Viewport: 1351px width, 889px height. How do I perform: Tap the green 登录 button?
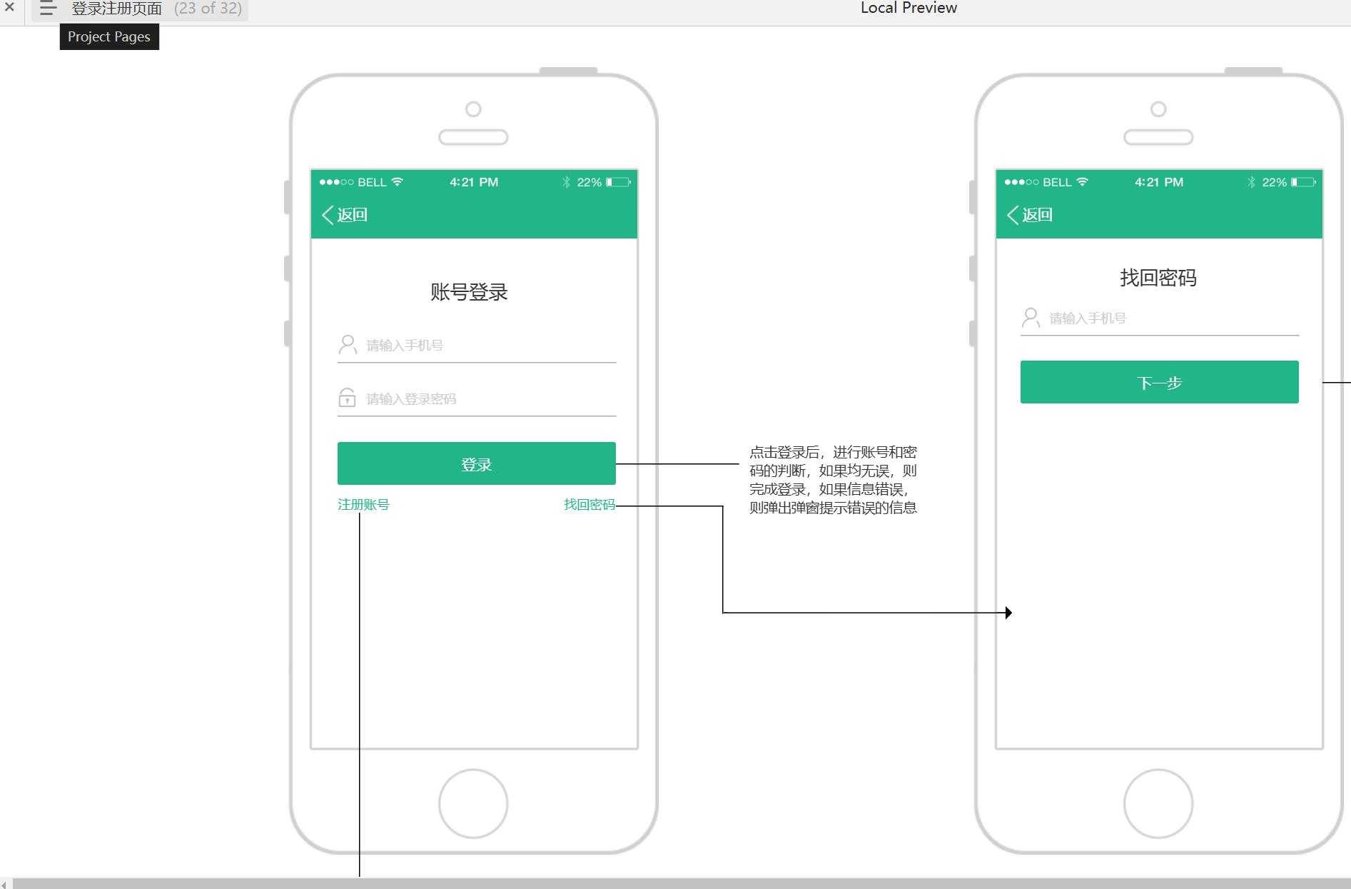pyautogui.click(x=476, y=463)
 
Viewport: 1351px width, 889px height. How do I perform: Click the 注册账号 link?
pyautogui.click(x=363, y=505)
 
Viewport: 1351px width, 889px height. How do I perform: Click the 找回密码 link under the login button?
pyautogui.click(x=590, y=505)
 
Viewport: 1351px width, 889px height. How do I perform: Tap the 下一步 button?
pyautogui.click(x=1159, y=382)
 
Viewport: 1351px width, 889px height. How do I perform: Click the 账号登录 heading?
pyautogui.click(x=469, y=292)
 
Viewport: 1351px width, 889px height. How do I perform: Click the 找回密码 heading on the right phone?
pyautogui.click(x=1158, y=278)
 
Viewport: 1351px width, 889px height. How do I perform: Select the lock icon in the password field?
pyautogui.click(x=347, y=398)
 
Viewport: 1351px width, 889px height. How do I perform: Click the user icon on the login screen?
pyautogui.click(x=348, y=345)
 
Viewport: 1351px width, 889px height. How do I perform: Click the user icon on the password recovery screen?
pyautogui.click(x=1031, y=318)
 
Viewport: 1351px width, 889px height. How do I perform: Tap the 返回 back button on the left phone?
pyautogui.click(x=345, y=215)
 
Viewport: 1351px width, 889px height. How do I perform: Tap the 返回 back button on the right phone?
pyautogui.click(x=1030, y=215)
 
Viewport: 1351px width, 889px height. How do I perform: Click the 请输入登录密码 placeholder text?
pyautogui.click(x=411, y=399)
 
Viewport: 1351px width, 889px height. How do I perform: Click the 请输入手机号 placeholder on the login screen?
pyautogui.click(x=405, y=346)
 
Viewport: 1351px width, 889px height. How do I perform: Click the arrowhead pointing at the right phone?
pyautogui.click(x=1008, y=613)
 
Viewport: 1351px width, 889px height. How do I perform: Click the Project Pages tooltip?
pyautogui.click(x=109, y=37)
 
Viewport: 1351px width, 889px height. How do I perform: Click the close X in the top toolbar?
pyautogui.click(x=9, y=7)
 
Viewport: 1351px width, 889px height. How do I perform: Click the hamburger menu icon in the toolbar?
pyautogui.click(x=48, y=9)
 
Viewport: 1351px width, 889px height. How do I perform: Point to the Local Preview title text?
pyautogui.click(x=909, y=8)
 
